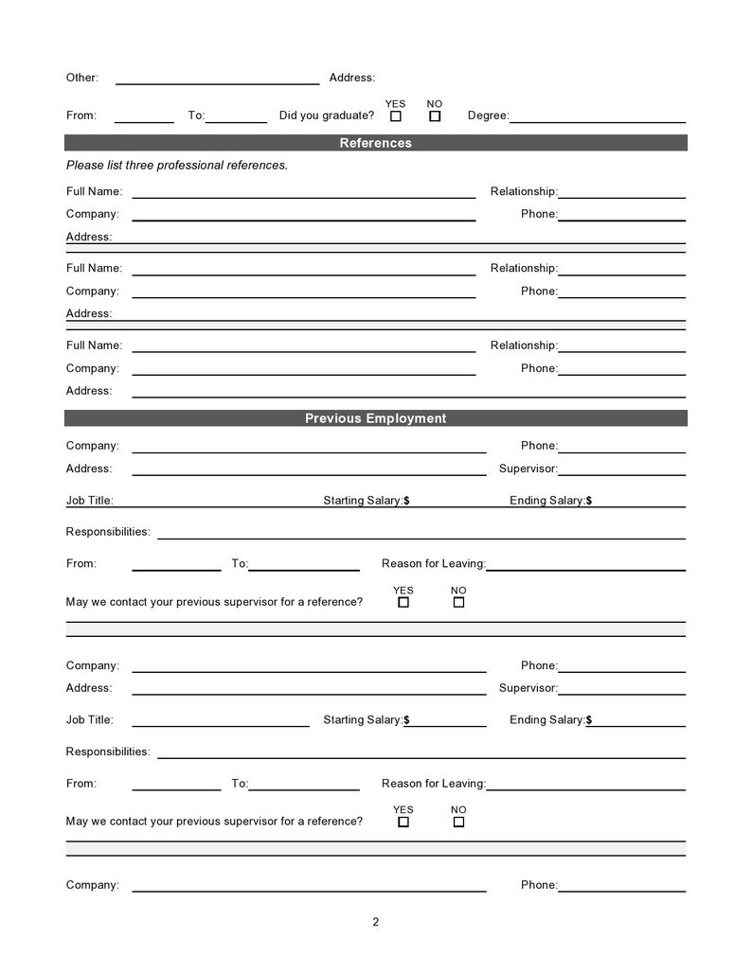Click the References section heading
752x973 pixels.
coord(375,143)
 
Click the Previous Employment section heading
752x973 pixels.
coord(375,418)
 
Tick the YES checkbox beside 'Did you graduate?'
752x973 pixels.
coord(396,116)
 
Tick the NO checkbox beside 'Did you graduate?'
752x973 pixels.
coord(435,116)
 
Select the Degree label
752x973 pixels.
coord(488,115)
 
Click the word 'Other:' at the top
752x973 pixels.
coord(82,78)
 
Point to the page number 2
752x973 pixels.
coord(375,922)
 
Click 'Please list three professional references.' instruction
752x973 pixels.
coord(177,165)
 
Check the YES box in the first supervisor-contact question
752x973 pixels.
coord(403,602)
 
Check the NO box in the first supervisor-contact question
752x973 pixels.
coord(458,602)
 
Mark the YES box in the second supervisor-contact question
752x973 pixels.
coord(403,822)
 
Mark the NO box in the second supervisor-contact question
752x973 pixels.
coord(458,822)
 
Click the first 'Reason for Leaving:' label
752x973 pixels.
coord(433,563)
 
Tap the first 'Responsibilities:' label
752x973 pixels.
coord(108,532)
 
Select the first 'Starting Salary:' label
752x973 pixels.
coord(363,501)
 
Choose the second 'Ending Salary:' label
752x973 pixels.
coord(547,720)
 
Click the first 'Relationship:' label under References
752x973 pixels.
coord(523,191)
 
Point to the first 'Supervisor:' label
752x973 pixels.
coord(528,469)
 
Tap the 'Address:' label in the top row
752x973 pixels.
coord(351,78)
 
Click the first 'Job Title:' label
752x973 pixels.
coord(89,501)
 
